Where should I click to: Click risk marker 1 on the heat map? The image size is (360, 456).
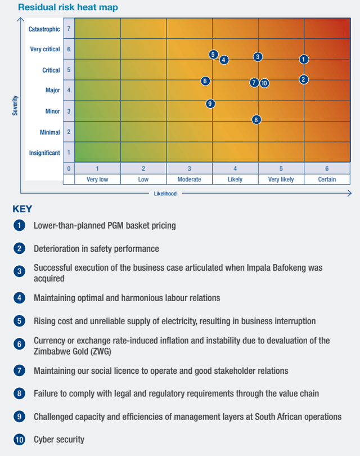304,59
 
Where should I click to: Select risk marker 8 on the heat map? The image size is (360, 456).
256,119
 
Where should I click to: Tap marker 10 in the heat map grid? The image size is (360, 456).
264,83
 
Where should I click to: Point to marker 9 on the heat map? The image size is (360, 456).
210,104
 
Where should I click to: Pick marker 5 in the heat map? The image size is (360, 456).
213,55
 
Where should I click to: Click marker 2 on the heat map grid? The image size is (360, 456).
304,79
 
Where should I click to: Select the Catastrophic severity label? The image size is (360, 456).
44,29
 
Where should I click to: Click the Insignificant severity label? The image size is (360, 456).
44,153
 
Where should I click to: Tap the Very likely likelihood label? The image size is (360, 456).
281,180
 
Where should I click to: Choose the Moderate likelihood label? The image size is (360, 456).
189,180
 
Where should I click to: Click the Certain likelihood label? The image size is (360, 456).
327,180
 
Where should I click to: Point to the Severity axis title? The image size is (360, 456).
16,105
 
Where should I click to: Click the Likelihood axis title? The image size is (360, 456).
165,194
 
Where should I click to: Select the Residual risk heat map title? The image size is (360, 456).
68,8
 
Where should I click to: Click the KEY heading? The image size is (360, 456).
22,209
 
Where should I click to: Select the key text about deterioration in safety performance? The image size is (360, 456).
96,248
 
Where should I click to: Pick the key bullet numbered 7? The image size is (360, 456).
20,371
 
